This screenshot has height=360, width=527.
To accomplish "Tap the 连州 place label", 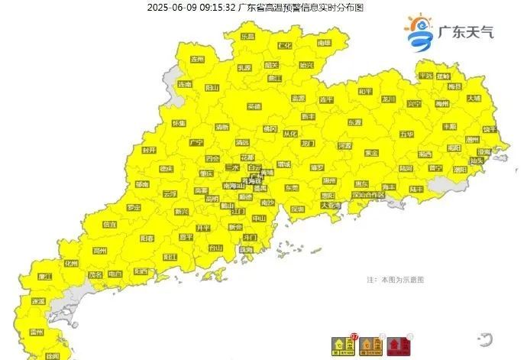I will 198,59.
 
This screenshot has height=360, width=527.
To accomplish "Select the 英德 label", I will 254,106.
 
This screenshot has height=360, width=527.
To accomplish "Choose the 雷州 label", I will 36,332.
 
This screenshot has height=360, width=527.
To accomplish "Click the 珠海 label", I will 246,249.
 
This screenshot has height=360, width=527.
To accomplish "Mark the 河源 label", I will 344,144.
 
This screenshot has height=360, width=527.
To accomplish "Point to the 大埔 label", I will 474,98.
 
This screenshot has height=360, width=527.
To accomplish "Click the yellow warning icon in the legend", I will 338,346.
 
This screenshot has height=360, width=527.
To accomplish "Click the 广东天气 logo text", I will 467,32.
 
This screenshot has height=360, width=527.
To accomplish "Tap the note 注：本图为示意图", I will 400,281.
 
